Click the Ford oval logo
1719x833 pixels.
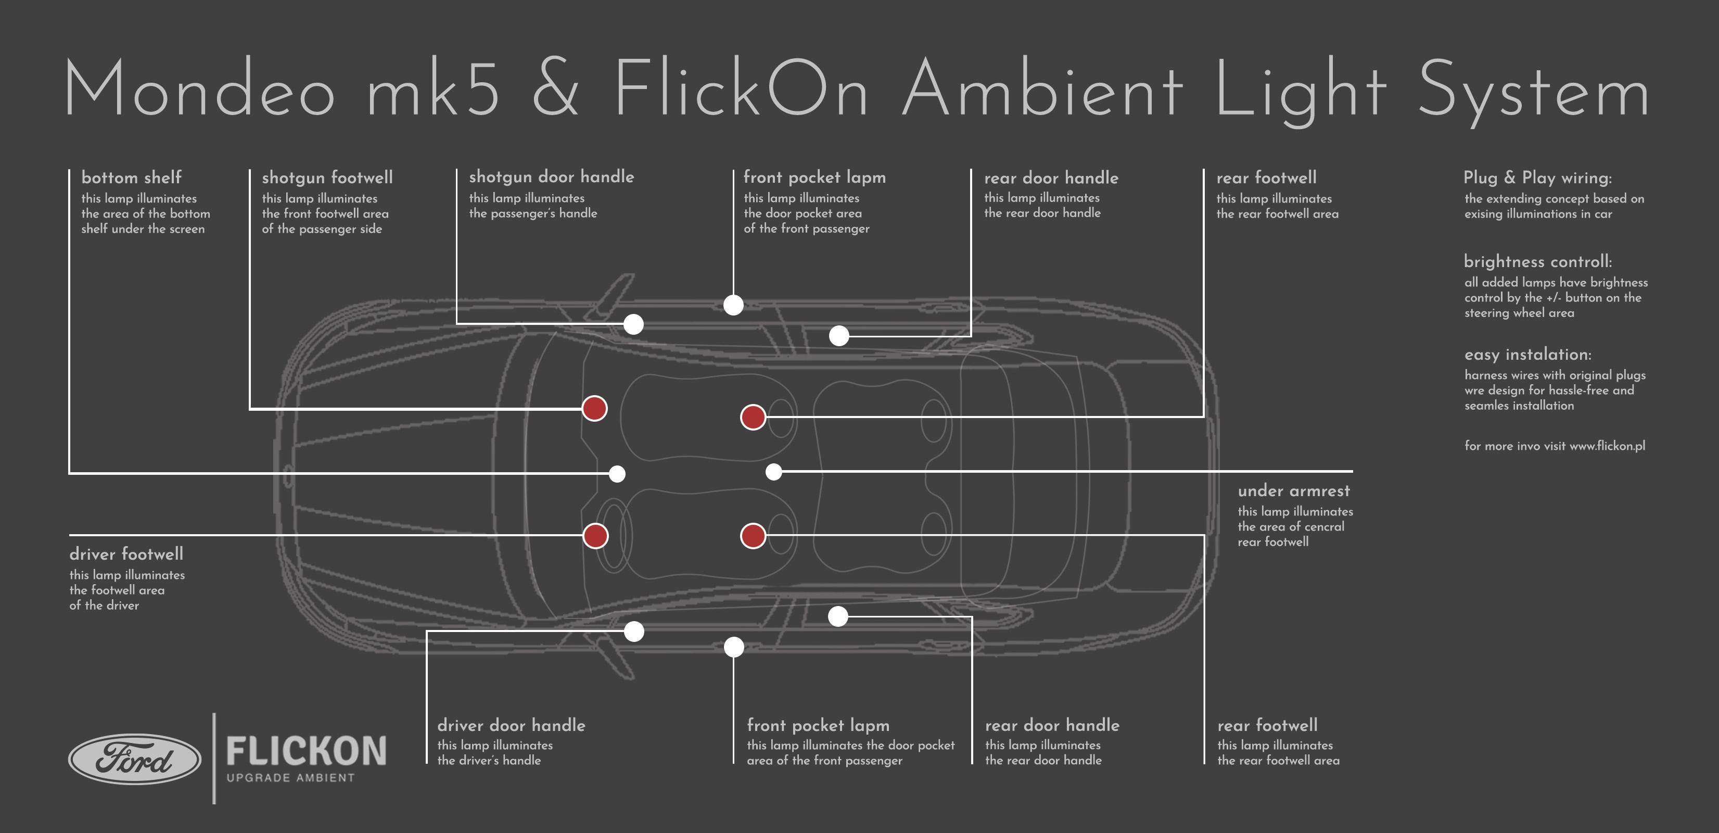(x=135, y=759)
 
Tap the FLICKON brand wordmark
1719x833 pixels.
(x=307, y=751)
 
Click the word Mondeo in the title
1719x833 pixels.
(x=198, y=90)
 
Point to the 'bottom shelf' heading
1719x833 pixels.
(x=132, y=178)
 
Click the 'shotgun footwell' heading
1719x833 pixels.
(x=327, y=178)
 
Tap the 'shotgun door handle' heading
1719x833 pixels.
(x=551, y=177)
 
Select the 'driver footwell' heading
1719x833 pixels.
(x=126, y=554)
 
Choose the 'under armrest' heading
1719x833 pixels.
(x=1293, y=490)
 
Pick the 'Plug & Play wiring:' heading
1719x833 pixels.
(x=1537, y=178)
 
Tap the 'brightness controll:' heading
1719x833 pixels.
(x=1537, y=262)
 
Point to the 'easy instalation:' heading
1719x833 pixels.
(x=1527, y=355)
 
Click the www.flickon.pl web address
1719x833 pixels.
(x=1607, y=446)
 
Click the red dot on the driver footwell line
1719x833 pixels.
(x=595, y=535)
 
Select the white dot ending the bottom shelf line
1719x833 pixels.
(x=617, y=474)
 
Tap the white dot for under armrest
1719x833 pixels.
(x=773, y=472)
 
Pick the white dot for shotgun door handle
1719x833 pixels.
(x=633, y=324)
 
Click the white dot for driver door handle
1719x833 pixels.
(x=634, y=631)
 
